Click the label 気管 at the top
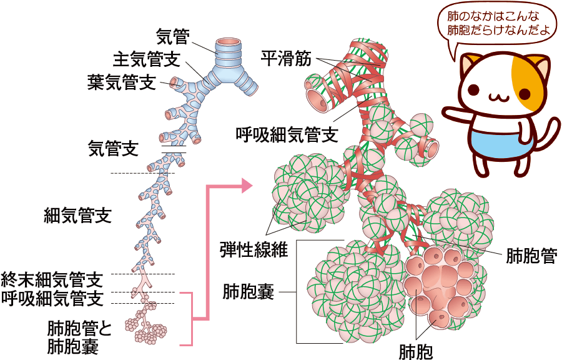pos(172,36)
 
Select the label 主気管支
pos(147,59)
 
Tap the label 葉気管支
pos(122,82)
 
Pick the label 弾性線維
pos(253,249)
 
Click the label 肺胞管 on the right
pos(531,256)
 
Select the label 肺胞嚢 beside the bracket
pos(248,291)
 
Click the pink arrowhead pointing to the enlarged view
pos(246,185)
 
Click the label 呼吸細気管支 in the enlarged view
pos(287,133)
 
